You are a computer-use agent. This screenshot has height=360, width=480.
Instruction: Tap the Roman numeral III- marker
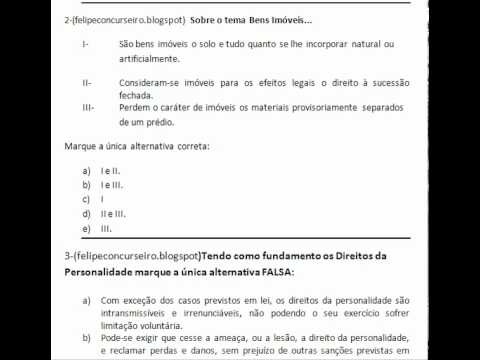(88, 105)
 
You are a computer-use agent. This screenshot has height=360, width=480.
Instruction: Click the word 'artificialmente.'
(151, 59)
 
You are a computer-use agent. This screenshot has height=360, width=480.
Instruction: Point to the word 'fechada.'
(138, 95)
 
